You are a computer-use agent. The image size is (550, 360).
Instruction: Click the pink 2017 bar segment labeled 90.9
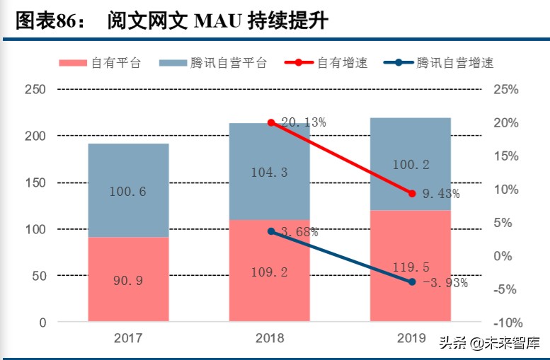[x=128, y=280]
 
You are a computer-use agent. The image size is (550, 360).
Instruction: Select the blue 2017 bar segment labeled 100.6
[x=128, y=191]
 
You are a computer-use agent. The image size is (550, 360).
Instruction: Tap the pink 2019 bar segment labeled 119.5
[x=411, y=267]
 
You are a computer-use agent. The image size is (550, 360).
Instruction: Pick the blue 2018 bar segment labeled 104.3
[x=270, y=172]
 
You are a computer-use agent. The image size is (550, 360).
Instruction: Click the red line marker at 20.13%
[x=270, y=123]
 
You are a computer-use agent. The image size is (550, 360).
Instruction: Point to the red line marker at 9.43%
[x=412, y=193]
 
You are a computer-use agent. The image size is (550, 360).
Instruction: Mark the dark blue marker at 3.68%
[x=270, y=231]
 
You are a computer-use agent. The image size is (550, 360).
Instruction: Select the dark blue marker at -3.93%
[x=412, y=282]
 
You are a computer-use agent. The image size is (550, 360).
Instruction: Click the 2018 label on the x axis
[x=270, y=338]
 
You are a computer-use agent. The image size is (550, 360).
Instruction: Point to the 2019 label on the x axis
[x=411, y=338]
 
